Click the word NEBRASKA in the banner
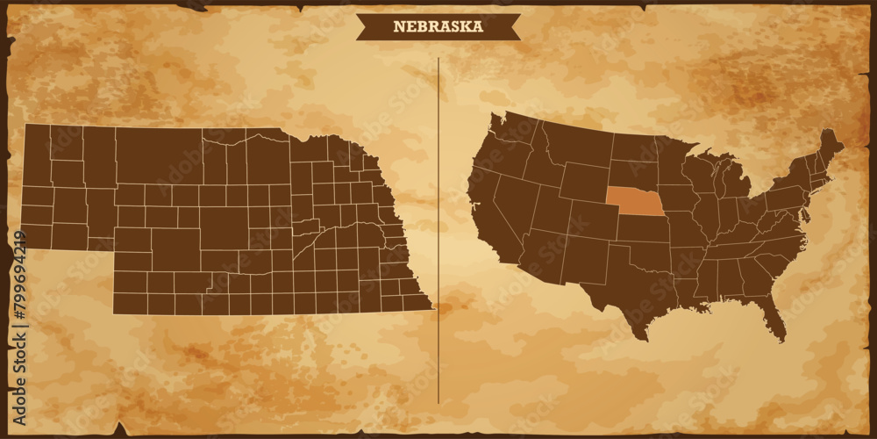[x=438, y=26]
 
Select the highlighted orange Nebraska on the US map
[x=635, y=202]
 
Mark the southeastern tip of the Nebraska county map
[x=429, y=307]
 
